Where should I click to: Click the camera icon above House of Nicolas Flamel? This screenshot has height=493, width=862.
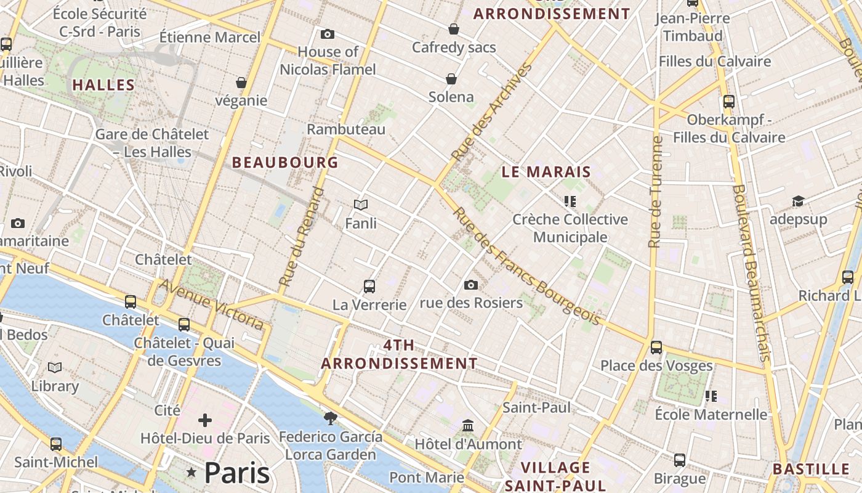(328, 35)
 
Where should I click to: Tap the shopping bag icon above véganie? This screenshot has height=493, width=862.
(241, 83)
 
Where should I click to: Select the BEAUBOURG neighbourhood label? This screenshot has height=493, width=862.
(285, 162)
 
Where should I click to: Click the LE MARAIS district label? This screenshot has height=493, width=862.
(546, 172)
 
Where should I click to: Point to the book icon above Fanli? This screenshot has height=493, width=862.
(361, 205)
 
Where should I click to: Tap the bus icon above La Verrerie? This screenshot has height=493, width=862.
(369, 287)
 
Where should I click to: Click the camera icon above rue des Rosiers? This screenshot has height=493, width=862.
(471, 285)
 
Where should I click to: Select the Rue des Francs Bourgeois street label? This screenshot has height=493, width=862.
(526, 266)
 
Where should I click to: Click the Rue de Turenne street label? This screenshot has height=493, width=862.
(656, 192)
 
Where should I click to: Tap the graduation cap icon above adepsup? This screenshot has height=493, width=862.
(798, 202)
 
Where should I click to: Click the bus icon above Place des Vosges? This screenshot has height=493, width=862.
(656, 348)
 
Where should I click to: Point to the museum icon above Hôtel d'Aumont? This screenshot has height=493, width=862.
(468, 426)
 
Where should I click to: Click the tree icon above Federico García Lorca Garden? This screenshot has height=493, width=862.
(331, 418)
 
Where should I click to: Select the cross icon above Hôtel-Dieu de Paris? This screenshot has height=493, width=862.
(205, 421)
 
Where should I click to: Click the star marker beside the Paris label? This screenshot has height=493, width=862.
(191, 473)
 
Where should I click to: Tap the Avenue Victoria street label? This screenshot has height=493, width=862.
(212, 304)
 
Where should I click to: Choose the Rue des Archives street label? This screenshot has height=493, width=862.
(491, 112)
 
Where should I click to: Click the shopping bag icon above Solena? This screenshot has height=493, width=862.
(451, 79)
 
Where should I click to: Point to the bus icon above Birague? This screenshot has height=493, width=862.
(680, 460)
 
